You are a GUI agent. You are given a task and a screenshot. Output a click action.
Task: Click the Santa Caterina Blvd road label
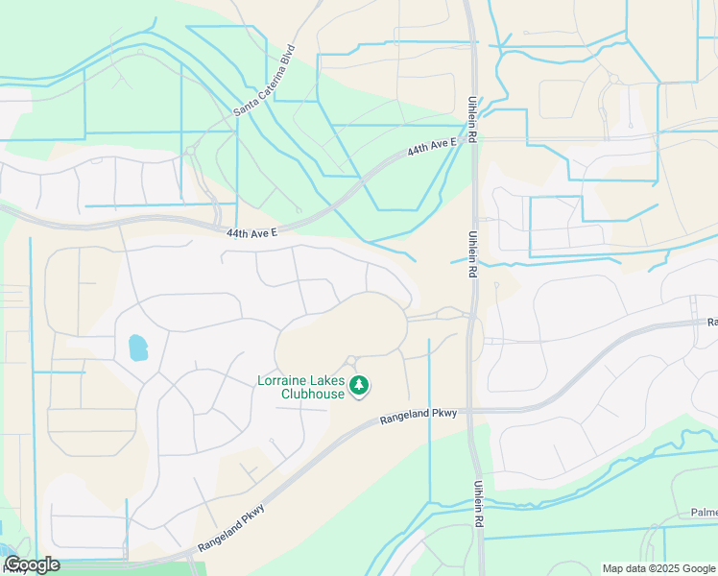263,82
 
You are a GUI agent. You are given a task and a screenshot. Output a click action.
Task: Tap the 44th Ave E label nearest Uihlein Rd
429,148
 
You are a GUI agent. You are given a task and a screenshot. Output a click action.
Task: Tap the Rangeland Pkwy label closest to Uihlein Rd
421,416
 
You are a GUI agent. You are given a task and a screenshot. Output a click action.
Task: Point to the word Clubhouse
313,394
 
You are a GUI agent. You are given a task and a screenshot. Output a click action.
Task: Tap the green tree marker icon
359,387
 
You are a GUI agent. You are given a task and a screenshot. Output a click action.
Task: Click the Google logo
31,565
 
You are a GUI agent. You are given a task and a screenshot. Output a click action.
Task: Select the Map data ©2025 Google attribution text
658,568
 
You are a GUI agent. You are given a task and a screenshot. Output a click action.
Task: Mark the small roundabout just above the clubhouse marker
352,361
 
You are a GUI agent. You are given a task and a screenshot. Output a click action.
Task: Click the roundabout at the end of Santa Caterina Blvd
191,150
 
